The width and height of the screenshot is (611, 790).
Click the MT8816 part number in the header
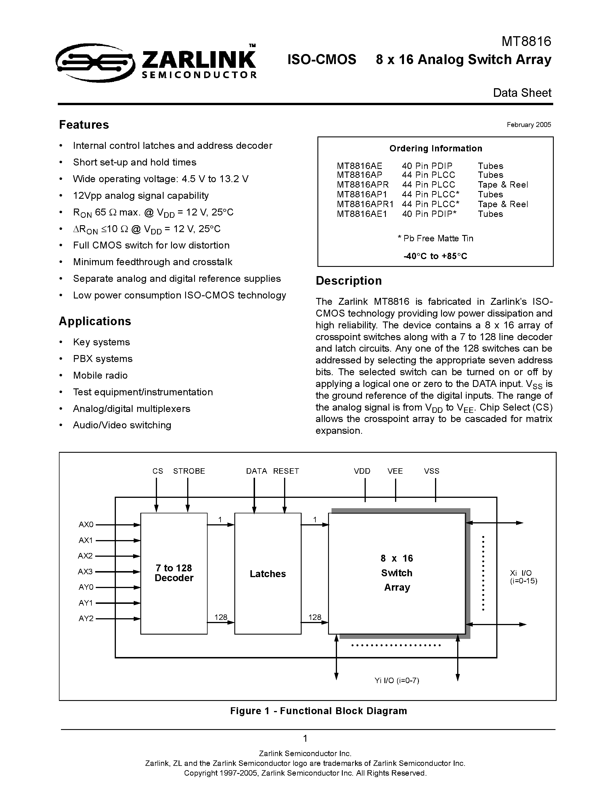click(526, 42)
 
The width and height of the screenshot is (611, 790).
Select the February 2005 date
click(528, 125)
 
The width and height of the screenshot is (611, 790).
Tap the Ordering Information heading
click(435, 148)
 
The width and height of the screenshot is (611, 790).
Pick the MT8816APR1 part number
click(365, 204)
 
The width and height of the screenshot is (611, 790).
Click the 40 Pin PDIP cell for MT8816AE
click(427, 166)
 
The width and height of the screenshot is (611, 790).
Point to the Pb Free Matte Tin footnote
click(435, 238)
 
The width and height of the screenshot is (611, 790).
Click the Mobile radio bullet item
click(100, 375)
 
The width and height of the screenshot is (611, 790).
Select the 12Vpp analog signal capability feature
click(141, 196)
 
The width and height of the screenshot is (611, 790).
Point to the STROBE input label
click(189, 471)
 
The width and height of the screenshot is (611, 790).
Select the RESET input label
click(286, 471)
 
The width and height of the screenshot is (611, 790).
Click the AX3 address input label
click(85, 571)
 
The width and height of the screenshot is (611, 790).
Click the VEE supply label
click(395, 471)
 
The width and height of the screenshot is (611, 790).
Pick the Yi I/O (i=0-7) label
click(397, 680)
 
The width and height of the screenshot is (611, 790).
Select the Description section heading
click(348, 281)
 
